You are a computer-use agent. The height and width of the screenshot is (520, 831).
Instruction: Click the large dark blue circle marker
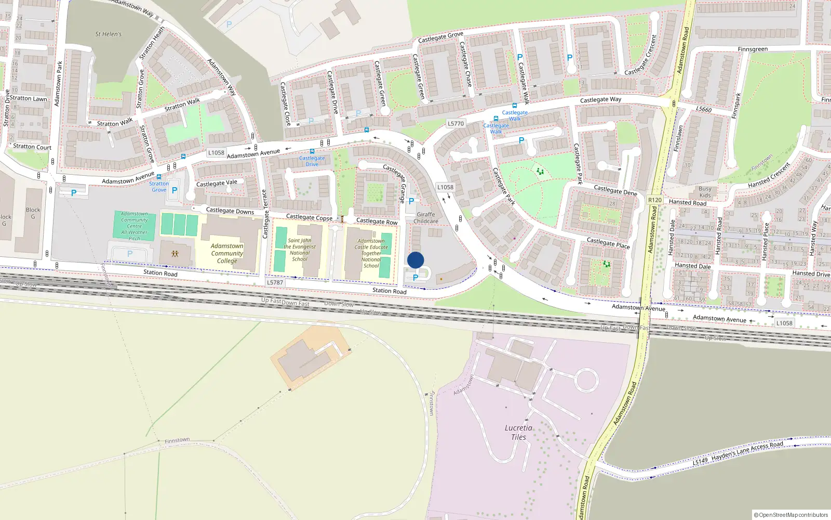(x=415, y=260)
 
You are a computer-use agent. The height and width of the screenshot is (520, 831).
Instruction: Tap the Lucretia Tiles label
(x=518, y=432)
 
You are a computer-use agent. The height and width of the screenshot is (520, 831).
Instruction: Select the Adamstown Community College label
(x=227, y=253)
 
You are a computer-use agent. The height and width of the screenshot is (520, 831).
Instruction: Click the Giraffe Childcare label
(x=426, y=217)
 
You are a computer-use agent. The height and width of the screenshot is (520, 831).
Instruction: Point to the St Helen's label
(x=108, y=34)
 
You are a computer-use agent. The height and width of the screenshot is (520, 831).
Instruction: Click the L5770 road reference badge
(x=455, y=123)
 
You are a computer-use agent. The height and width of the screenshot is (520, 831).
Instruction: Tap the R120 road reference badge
(x=655, y=200)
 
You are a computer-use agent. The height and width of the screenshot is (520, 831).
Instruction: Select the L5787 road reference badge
(x=275, y=282)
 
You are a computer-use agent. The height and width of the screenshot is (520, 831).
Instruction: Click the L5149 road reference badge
(x=700, y=461)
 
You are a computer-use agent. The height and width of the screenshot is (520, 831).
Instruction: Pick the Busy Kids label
(x=705, y=192)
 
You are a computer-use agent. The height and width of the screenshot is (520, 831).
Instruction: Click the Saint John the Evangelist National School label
(x=300, y=250)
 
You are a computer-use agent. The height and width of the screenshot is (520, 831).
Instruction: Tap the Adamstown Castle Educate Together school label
(x=371, y=253)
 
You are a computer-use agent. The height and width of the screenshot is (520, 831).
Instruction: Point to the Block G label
(x=33, y=213)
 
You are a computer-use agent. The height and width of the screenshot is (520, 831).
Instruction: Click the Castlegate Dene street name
(x=615, y=190)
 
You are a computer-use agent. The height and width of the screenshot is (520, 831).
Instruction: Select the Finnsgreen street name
(x=753, y=49)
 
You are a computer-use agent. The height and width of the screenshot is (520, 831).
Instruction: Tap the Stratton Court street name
(x=32, y=147)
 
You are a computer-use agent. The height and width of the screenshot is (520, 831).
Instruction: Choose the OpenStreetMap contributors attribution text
(x=791, y=515)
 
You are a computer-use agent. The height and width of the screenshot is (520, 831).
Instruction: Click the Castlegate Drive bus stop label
(x=312, y=161)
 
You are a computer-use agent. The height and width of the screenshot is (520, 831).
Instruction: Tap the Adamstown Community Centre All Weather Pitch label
(x=135, y=226)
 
